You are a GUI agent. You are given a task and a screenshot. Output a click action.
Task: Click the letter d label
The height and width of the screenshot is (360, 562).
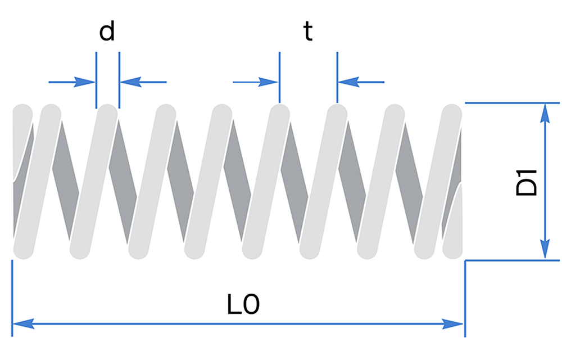107,32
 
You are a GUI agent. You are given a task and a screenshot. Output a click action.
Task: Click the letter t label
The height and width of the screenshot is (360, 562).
307,32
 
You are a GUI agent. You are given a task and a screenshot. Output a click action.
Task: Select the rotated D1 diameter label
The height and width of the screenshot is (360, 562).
527,181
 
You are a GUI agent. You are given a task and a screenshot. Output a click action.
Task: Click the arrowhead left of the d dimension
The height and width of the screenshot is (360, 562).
87,82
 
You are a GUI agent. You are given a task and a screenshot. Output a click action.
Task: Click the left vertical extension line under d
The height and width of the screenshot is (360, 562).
96,79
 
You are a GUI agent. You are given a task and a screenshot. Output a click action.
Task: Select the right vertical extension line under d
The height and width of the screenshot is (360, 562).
119,79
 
